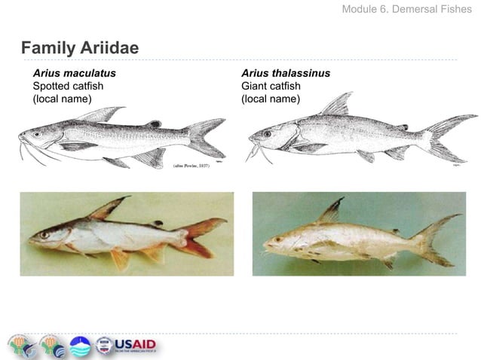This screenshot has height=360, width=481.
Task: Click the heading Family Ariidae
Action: point(79,48)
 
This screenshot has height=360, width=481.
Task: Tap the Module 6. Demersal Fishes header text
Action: point(407,10)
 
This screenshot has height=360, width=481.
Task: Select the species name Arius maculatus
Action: point(74,73)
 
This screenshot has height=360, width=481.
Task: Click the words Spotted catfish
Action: point(68,86)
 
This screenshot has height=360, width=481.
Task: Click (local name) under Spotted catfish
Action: point(62,99)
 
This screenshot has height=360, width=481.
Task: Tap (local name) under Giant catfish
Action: point(271,99)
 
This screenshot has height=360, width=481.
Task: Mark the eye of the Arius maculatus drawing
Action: point(37,134)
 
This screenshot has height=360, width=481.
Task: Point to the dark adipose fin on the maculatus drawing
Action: point(154,124)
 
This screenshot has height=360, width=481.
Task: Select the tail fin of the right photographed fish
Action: point(437,239)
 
